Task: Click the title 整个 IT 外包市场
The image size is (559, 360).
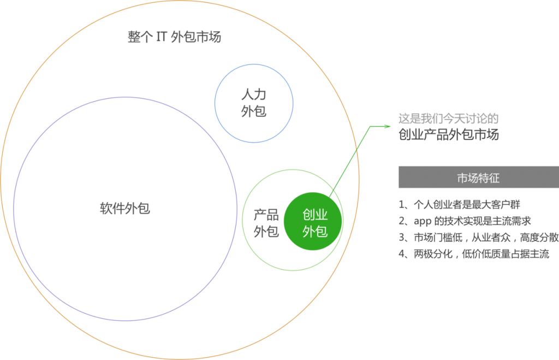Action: point(174,37)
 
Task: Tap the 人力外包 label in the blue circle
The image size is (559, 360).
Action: point(254,103)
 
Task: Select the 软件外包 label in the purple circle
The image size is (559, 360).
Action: point(125,208)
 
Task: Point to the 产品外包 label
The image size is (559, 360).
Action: point(266,223)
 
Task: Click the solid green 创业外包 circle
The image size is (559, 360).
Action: point(313,221)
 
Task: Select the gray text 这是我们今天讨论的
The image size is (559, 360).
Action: point(449,119)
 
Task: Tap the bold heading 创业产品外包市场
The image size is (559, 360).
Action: point(449,134)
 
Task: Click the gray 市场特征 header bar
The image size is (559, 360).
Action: point(478,177)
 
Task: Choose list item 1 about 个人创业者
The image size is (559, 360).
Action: point(460,204)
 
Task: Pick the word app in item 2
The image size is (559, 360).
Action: point(423,221)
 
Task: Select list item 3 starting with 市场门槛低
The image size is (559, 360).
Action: point(479,237)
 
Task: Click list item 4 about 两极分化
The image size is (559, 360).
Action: point(474,253)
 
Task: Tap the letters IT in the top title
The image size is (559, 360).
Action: point(162,37)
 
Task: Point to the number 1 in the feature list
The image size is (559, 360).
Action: point(401,204)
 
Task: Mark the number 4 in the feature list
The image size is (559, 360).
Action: point(402,253)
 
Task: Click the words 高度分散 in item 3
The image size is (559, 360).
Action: point(539,237)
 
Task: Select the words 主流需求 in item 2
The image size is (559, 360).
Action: point(512,221)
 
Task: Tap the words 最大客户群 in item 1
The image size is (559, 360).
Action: point(496,204)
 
